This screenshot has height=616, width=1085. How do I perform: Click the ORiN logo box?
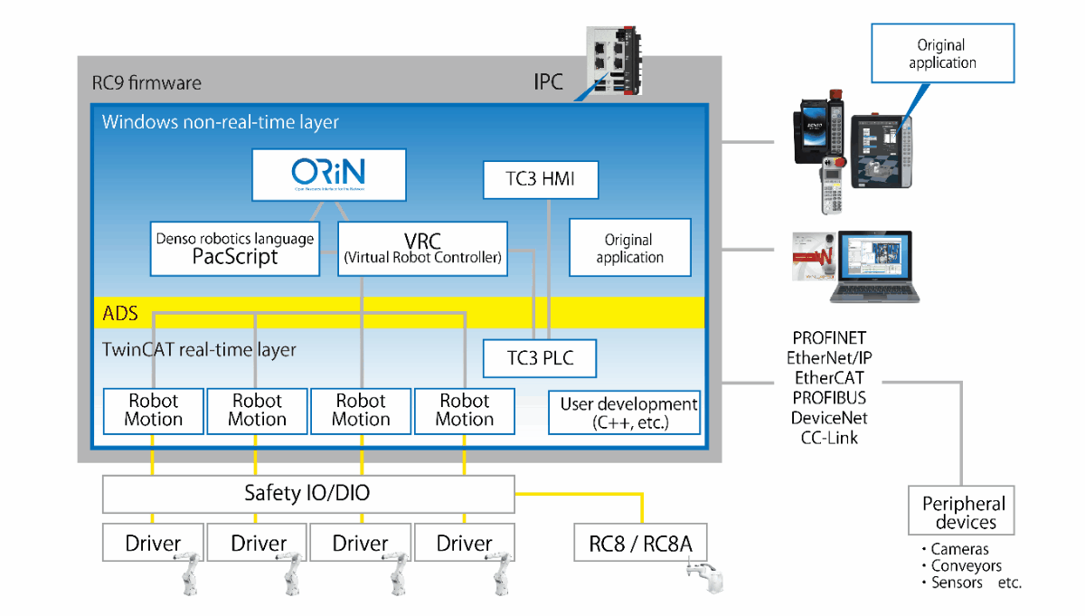coord(328,175)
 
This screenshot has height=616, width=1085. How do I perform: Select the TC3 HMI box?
coord(541,179)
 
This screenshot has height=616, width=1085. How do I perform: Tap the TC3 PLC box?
coord(541,359)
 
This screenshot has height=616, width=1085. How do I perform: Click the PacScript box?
coord(235,249)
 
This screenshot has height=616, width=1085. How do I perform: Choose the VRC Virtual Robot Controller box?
coord(422,249)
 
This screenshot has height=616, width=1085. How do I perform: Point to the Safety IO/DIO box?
coord(307,494)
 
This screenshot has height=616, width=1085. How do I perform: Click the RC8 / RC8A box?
coord(640,544)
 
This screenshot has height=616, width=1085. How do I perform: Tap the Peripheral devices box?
coord(963,513)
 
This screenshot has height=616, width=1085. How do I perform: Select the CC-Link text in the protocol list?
coord(829,438)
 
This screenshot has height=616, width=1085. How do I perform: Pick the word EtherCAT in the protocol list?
coord(829,378)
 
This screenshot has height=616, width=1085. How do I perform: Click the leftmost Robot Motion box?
coord(154,411)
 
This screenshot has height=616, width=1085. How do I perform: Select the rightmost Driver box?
coord(465,544)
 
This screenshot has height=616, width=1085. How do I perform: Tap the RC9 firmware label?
coord(146,83)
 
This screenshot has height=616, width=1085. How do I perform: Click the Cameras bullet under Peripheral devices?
coord(958,549)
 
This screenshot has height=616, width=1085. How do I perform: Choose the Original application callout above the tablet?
coord(942,54)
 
